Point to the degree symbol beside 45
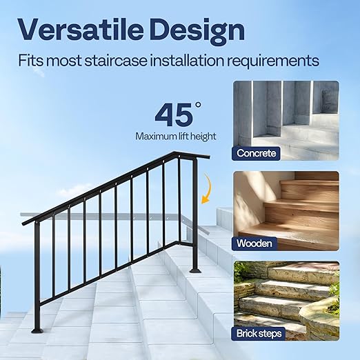(198, 105)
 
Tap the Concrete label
(257, 153)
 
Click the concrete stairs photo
(286, 114)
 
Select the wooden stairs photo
(286, 203)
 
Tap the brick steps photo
(286, 293)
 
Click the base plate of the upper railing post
(195, 268)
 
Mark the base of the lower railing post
(37, 330)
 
